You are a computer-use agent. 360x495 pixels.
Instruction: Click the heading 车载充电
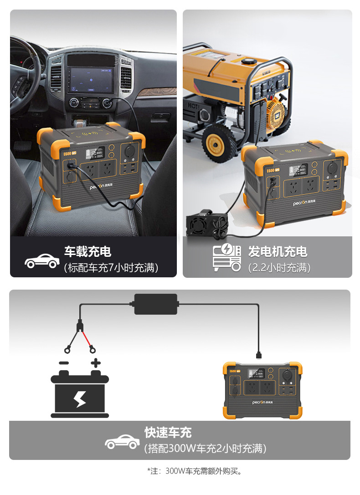pos(87,252)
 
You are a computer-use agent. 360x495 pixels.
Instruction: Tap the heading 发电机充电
pos(278,252)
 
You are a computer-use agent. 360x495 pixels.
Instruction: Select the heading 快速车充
pos(168,432)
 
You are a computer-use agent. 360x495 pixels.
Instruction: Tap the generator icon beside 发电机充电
pos(227,258)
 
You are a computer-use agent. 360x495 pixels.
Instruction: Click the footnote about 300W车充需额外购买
pos(194,471)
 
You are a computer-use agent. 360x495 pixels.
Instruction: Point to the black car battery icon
pos(80,394)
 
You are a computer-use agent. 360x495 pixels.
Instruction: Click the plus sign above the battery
pos(96,363)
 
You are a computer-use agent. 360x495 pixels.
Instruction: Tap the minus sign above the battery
pos(64,363)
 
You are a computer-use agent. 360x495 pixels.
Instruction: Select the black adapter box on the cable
pos(155,304)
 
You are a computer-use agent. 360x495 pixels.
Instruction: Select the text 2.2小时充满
pos(279,268)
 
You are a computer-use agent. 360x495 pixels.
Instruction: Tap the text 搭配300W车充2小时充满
pos(205,448)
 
